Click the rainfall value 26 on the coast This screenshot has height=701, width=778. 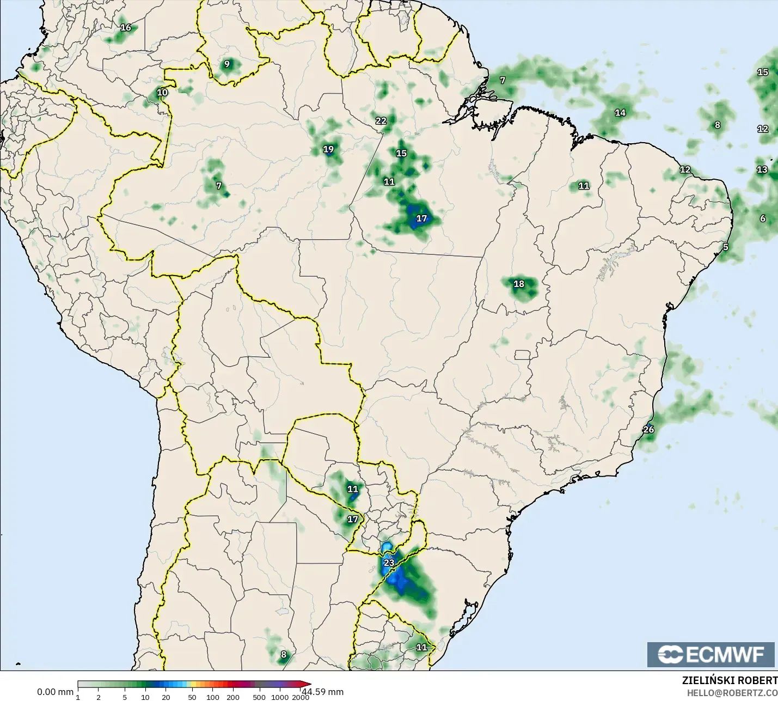point(648,429)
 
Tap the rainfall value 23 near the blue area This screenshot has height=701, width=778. point(389,563)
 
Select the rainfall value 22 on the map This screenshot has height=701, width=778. point(381,121)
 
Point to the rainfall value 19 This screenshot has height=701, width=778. point(328,149)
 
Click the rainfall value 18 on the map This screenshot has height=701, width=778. point(519,284)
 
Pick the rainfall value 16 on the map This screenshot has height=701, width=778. point(126,27)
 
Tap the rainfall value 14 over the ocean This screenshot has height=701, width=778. point(620,113)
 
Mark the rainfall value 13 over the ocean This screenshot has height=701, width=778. point(762,169)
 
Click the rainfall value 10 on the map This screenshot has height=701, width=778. point(162,92)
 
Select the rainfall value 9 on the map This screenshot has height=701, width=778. point(227,64)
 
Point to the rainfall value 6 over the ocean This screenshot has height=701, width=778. point(763,218)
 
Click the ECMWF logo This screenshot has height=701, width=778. point(710,654)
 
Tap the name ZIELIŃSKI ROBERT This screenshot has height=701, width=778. point(730,680)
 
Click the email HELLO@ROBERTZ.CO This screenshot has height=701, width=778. point(732,693)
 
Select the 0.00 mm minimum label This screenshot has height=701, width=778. point(55,692)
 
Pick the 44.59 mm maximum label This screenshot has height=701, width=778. point(323,692)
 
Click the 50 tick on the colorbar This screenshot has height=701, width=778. point(192,697)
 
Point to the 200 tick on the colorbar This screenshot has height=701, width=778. point(233,697)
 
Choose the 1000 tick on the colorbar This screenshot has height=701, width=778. point(280,697)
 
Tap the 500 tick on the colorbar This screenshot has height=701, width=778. point(259,697)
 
